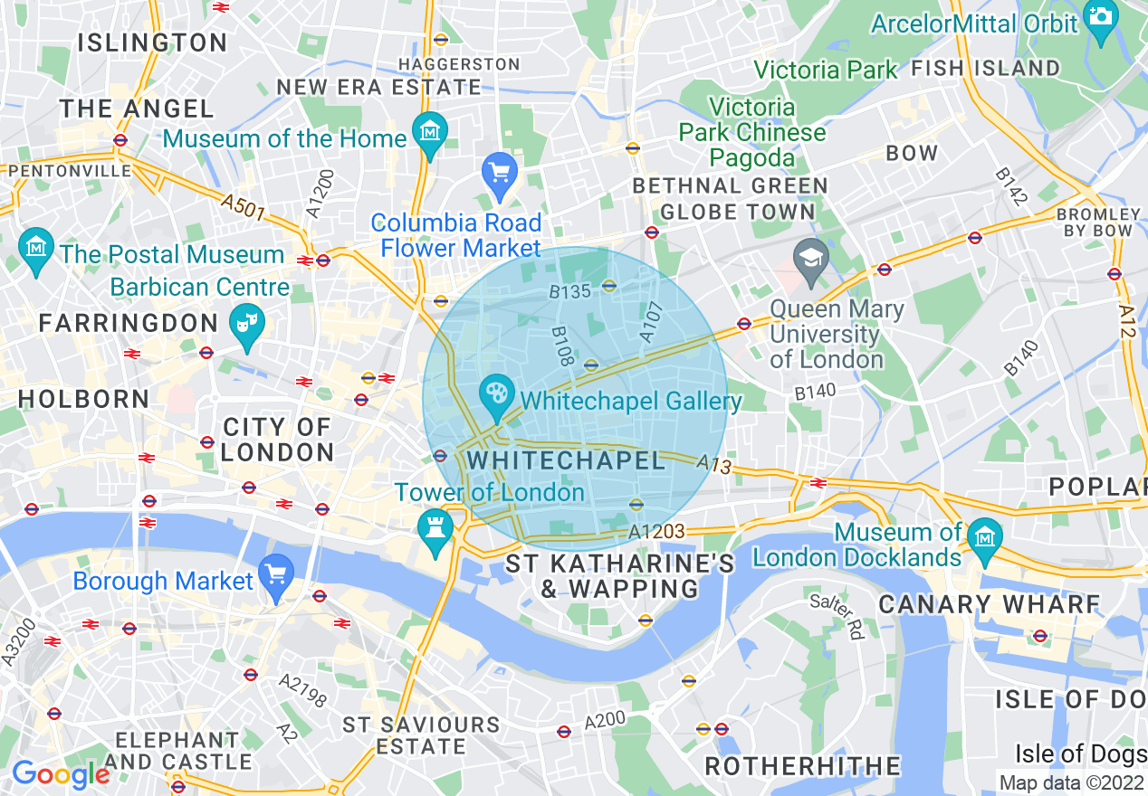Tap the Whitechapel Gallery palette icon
[x=495, y=393]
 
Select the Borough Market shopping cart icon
[x=276, y=572]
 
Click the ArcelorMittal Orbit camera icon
[x=1101, y=19]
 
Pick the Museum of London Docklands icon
[x=984, y=535]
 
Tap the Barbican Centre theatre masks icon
[x=247, y=320]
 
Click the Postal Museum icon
[x=35, y=245]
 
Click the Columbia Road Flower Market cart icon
[x=499, y=171]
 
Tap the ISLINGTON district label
[x=152, y=43]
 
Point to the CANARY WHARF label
[x=989, y=604]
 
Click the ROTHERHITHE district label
[x=802, y=766]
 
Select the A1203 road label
[x=656, y=532]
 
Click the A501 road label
[x=243, y=207]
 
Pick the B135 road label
[x=569, y=291]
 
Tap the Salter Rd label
[x=837, y=617]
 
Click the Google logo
[x=60, y=774]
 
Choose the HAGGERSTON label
[x=459, y=64]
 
